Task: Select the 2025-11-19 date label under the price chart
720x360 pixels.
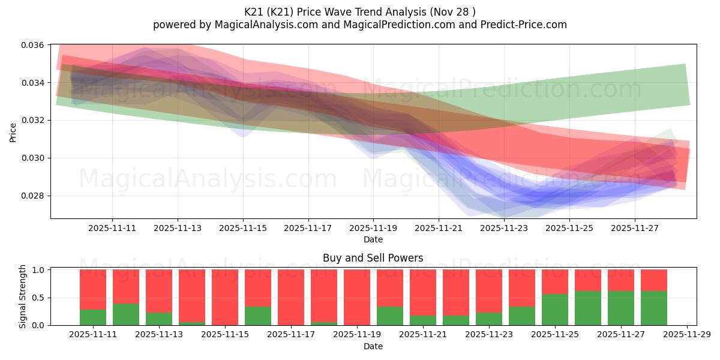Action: click(373, 229)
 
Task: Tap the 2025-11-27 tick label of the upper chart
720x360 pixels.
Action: click(635, 229)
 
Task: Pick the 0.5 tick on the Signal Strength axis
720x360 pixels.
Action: click(38, 298)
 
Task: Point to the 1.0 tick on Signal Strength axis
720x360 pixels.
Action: click(38, 271)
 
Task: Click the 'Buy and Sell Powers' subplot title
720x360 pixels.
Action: click(373, 259)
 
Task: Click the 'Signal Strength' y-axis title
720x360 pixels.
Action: click(23, 296)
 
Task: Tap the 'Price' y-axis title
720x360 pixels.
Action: click(13, 132)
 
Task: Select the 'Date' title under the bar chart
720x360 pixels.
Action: click(373, 346)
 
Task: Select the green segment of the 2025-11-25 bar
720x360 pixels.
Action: click(555, 310)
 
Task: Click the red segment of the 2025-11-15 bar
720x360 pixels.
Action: click(225, 297)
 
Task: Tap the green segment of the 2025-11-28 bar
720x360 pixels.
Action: click(654, 308)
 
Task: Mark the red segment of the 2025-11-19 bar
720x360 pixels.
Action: click(357, 297)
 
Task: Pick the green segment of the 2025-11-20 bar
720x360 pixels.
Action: click(390, 316)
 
